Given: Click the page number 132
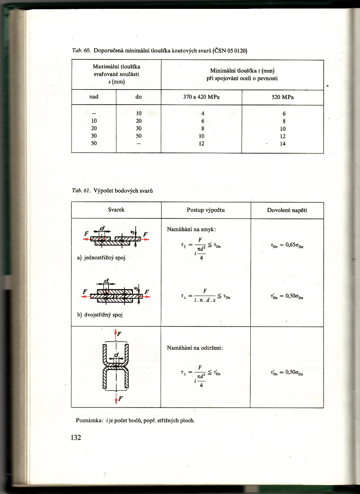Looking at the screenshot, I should [x=76, y=437].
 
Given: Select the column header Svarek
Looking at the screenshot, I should [x=116, y=210].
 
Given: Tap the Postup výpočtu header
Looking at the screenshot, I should [x=205, y=210].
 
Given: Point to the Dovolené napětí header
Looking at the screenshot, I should [x=287, y=210].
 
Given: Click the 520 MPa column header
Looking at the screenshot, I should [x=283, y=97].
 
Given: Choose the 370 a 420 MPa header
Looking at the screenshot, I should [x=201, y=97].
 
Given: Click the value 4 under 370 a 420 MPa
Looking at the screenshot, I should [x=202, y=113].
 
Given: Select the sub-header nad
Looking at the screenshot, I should [x=94, y=97].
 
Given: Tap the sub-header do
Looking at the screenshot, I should [x=139, y=97].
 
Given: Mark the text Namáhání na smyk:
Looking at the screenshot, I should [x=191, y=230].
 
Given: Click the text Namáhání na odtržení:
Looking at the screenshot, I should [x=195, y=348].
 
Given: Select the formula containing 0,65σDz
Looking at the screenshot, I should [x=287, y=245].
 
